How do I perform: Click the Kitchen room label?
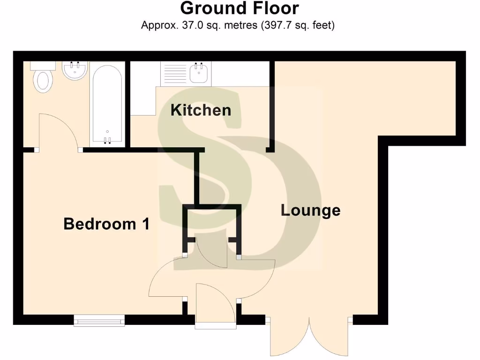click(x=201, y=110)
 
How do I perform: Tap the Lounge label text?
click(x=310, y=210)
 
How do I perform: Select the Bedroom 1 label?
click(x=106, y=224)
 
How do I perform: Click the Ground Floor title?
click(x=240, y=8)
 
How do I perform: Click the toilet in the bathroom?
click(x=43, y=81)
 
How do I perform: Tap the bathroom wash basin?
click(x=75, y=71)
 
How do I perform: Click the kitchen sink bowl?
click(x=199, y=73)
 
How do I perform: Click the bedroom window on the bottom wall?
click(x=99, y=320)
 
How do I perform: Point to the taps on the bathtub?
click(x=107, y=139)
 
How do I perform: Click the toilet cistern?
click(x=43, y=65)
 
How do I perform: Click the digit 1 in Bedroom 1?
click(x=145, y=224)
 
